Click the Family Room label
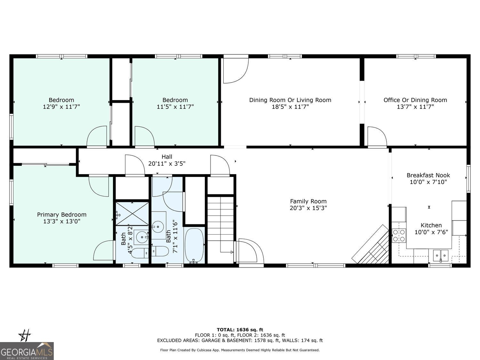click(308, 201)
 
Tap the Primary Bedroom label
click(62, 215)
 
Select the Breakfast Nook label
click(428, 175)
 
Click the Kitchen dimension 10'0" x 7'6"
click(431, 232)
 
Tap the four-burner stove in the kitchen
click(399, 236)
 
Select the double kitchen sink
click(441, 256)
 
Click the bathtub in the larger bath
click(194, 245)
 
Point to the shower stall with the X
click(132, 214)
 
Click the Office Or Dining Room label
click(415, 100)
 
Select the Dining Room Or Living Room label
click(290, 100)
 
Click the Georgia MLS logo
click(27, 351)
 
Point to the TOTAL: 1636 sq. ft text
click(240, 330)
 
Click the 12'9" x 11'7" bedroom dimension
click(61, 107)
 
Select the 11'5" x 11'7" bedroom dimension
click(175, 107)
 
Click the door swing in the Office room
click(377, 136)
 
